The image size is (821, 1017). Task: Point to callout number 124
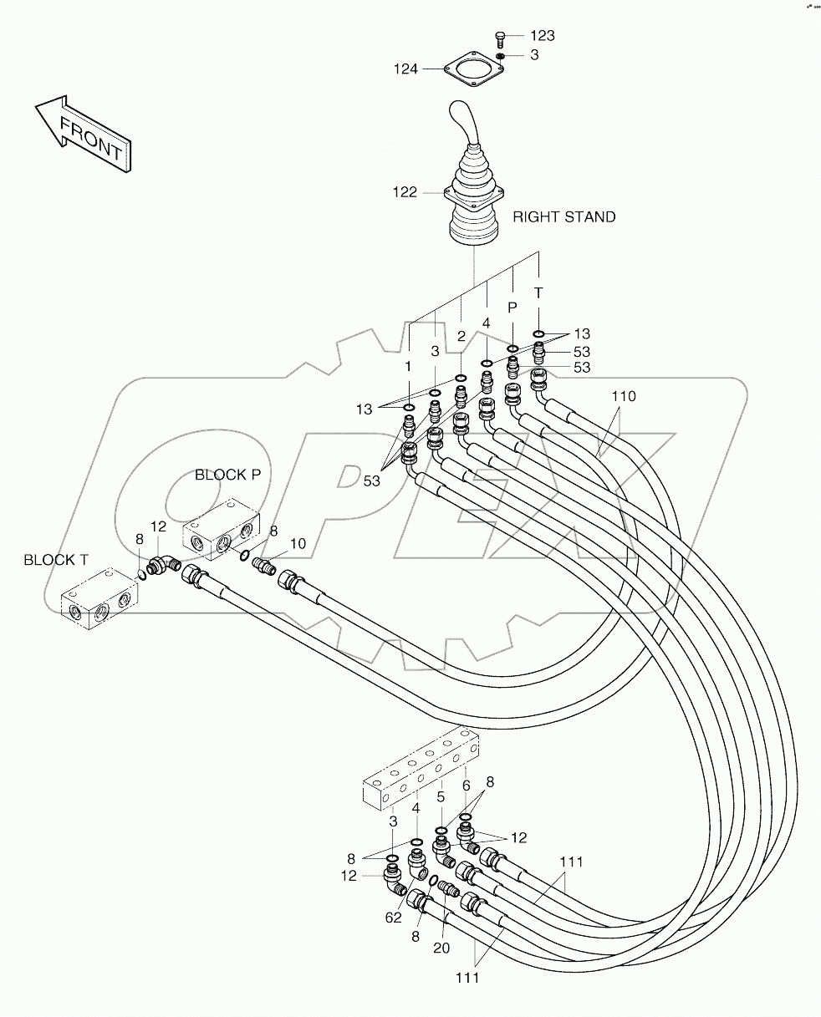(405, 69)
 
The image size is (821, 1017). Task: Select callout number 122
(405, 193)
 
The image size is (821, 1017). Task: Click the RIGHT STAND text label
(563, 217)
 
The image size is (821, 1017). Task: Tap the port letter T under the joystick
(538, 292)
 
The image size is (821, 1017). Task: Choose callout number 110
(623, 397)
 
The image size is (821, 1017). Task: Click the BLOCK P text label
(227, 475)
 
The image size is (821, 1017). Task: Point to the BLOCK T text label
(55, 560)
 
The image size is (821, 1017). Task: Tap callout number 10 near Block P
(298, 544)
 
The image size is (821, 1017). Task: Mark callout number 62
(393, 918)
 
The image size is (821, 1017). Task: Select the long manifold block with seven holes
(421, 767)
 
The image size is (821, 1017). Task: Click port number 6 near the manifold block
(466, 786)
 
